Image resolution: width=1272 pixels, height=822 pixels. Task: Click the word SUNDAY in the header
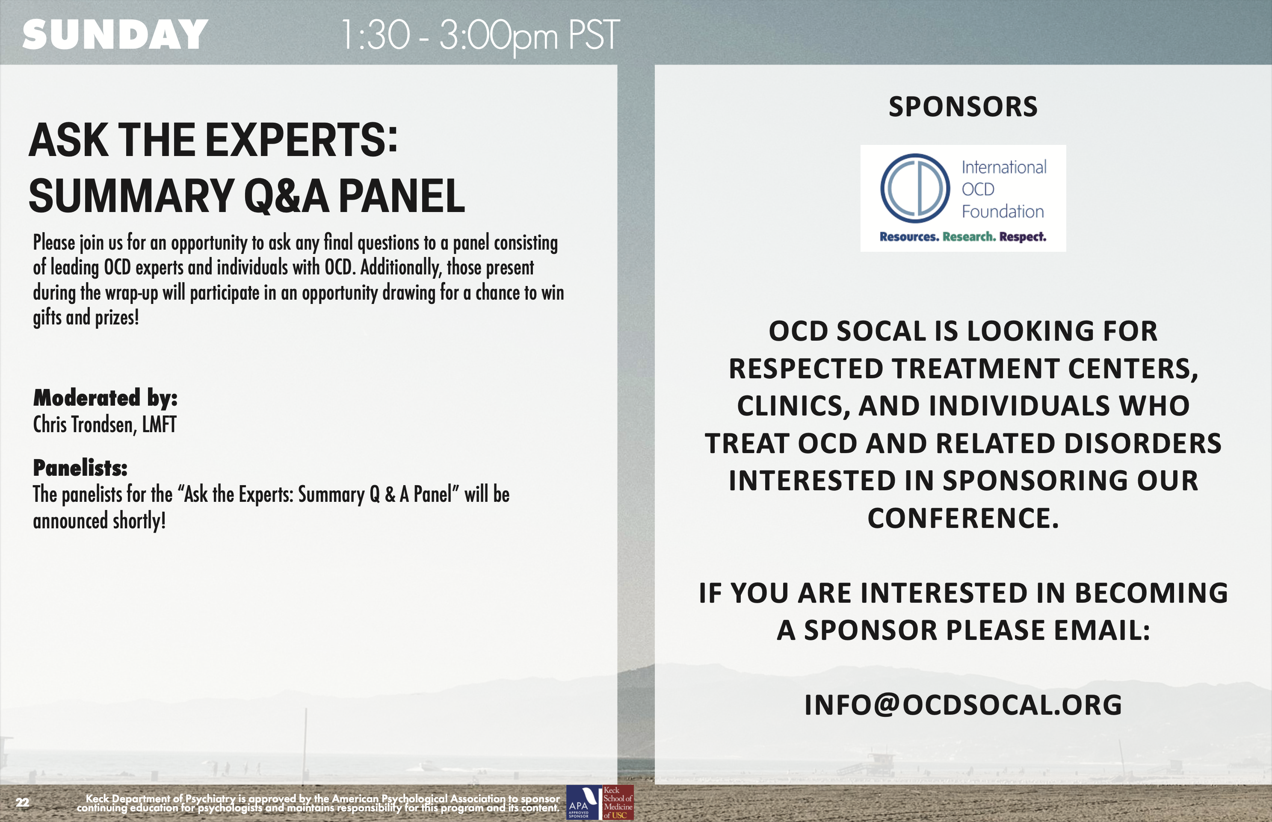(x=115, y=35)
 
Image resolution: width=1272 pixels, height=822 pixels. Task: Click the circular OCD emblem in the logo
(x=915, y=189)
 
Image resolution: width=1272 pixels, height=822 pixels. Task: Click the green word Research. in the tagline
(x=969, y=236)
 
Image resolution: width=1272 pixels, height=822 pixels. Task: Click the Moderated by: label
(x=105, y=398)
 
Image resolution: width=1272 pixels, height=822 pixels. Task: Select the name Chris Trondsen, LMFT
(x=105, y=425)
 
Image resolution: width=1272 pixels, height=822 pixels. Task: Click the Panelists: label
(x=80, y=468)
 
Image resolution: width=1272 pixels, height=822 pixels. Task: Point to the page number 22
(x=22, y=802)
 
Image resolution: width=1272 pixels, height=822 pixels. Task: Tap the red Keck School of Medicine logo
(x=618, y=802)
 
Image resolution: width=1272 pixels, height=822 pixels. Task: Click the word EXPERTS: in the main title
(x=302, y=140)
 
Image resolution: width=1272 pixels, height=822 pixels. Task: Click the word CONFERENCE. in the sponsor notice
(x=963, y=518)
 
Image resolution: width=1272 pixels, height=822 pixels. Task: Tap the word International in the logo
(x=1004, y=167)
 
